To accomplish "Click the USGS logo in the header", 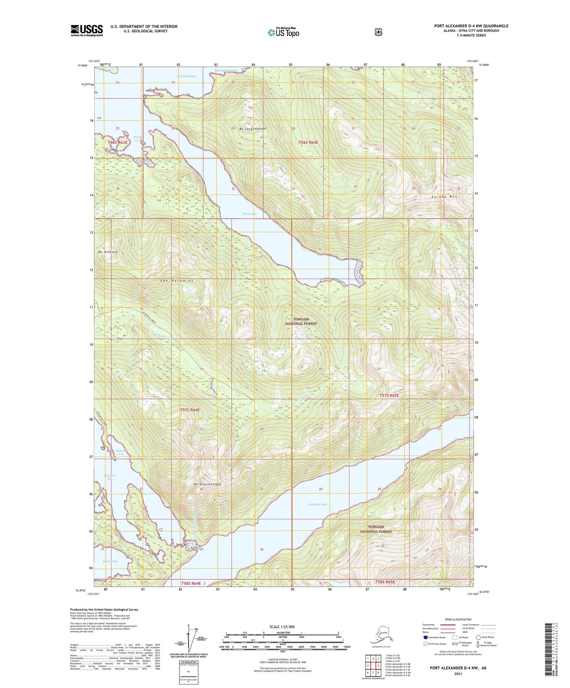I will (x=87, y=30).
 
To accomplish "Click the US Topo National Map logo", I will (x=284, y=32).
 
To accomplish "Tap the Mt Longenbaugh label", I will (x=252, y=129).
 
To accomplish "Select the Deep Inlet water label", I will (x=249, y=214).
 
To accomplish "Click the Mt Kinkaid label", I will (x=108, y=252).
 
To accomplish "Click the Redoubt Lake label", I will (x=318, y=504).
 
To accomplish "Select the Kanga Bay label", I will (x=110, y=561).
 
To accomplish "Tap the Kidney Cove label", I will (x=120, y=452).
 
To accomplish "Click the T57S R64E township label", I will (x=190, y=410).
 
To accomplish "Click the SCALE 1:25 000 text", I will (x=282, y=627).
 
